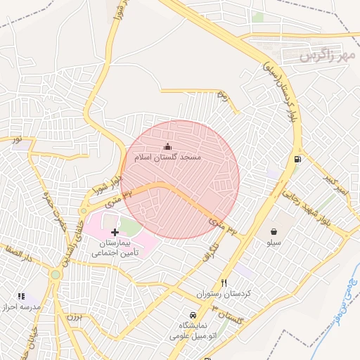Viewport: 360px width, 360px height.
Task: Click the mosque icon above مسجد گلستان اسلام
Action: tap(167, 146)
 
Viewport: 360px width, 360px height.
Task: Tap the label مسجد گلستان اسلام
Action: tap(168, 157)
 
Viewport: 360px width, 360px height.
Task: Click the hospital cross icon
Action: tap(115, 232)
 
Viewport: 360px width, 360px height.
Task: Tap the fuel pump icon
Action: tap(298, 159)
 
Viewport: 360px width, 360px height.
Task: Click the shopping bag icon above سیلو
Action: tap(273, 231)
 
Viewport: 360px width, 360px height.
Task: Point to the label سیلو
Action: tap(273, 243)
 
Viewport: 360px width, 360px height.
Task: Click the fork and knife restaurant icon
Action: tap(224, 283)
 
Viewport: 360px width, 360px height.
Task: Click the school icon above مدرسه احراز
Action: tap(20, 297)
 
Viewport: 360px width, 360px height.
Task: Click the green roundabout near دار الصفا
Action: tap(55, 274)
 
